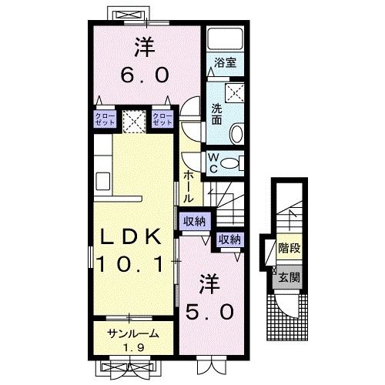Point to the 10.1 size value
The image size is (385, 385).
click(130, 265)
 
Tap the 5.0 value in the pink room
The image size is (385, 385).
click(209, 310)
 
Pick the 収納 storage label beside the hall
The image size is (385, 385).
click(194, 222)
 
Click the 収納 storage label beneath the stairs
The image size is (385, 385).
click(229, 239)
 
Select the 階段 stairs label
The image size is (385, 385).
click(289, 249)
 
